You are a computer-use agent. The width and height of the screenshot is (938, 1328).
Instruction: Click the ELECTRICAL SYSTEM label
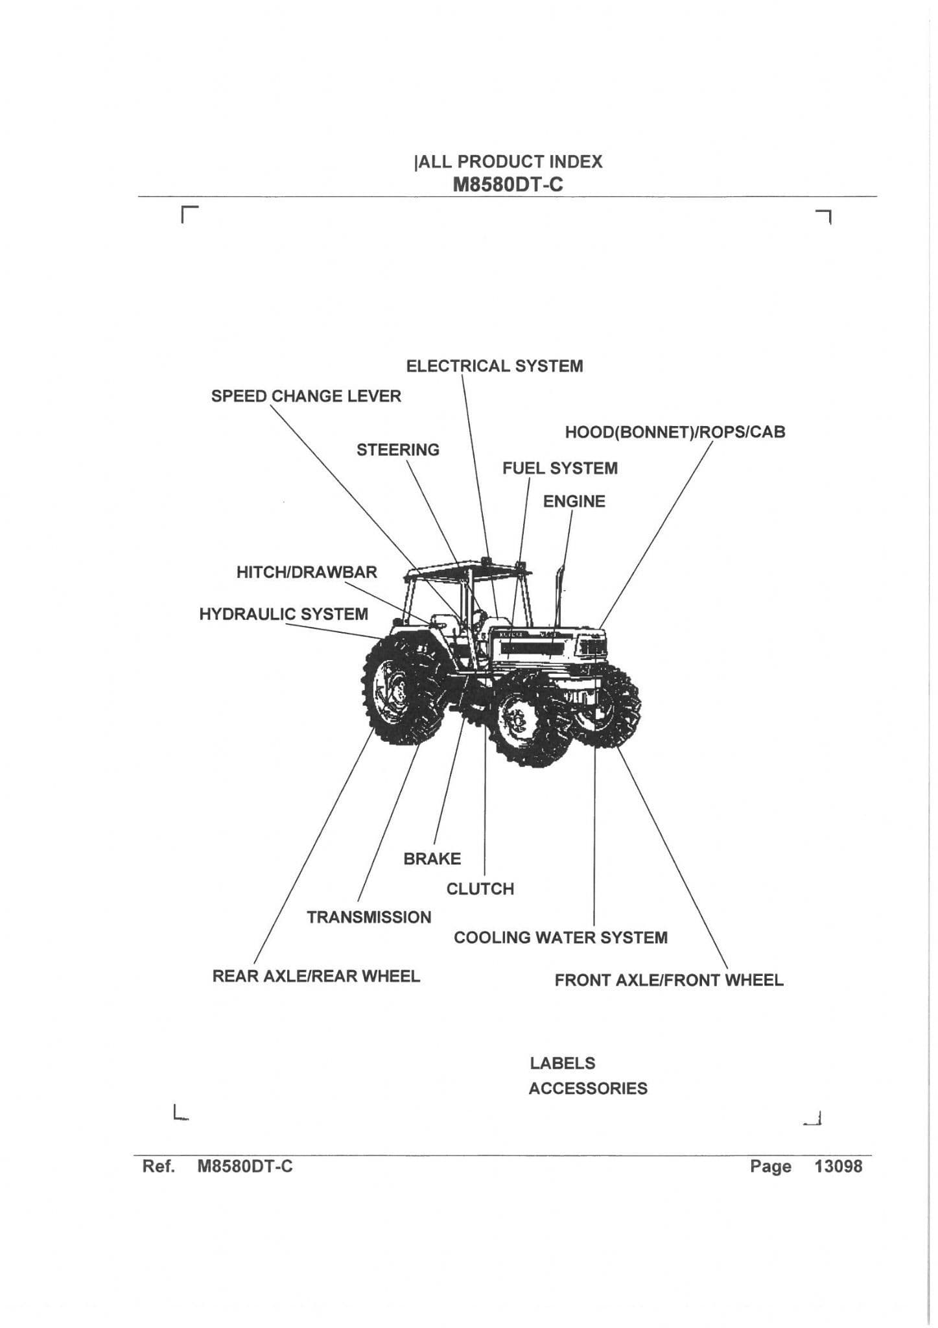tap(494, 366)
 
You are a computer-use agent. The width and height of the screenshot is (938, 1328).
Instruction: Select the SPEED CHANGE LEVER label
tap(306, 396)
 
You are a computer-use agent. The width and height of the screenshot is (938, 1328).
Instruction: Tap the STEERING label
tap(397, 450)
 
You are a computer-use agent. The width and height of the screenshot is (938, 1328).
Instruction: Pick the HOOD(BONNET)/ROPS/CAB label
tap(675, 433)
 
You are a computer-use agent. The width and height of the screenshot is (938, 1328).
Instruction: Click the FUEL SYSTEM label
tap(559, 468)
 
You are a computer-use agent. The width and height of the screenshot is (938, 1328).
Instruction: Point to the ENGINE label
tap(574, 501)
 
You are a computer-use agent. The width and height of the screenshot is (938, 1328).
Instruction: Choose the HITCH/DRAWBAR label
tap(307, 573)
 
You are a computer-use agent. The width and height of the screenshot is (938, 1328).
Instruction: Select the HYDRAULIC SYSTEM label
tap(283, 614)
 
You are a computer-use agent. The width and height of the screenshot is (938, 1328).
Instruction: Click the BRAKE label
tap(432, 859)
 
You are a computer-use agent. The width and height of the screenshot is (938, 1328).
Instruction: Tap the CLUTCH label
tap(480, 889)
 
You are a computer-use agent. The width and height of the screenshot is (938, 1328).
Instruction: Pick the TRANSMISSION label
tap(369, 918)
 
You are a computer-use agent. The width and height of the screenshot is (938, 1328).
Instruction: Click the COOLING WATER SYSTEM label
tap(560, 938)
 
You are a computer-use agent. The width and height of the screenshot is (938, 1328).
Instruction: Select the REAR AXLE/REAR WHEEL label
tap(316, 976)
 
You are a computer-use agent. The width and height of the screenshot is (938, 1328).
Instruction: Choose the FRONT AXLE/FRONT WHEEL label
tap(668, 980)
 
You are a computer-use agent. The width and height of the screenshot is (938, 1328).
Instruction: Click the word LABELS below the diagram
tap(562, 1063)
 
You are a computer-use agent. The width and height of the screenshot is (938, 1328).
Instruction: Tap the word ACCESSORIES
tap(587, 1088)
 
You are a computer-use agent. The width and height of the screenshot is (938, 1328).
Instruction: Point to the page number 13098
tap(838, 1167)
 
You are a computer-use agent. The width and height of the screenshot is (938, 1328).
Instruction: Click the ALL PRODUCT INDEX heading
tap(509, 161)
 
